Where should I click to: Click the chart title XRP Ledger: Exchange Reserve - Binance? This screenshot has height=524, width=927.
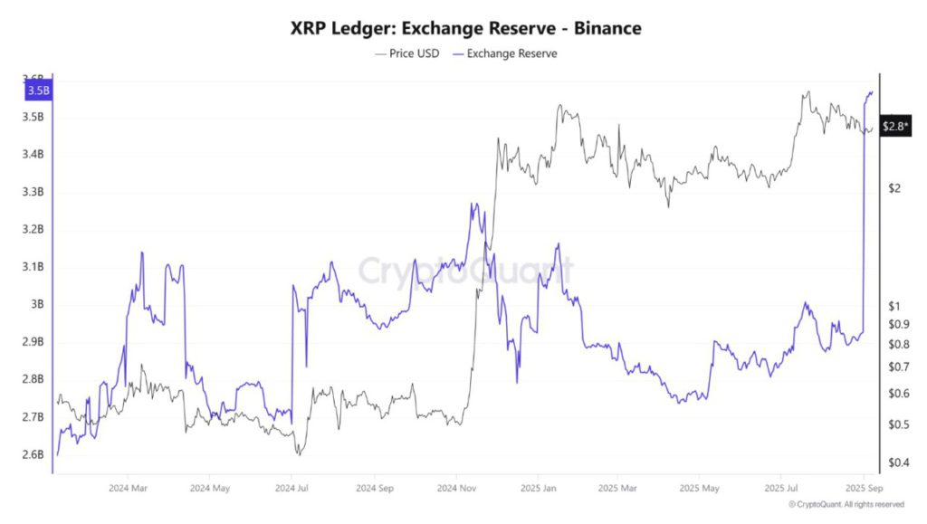[465, 28]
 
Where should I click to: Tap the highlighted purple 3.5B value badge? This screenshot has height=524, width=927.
[39, 91]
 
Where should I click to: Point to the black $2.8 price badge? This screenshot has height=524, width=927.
[895, 125]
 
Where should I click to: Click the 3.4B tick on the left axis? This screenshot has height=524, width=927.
[33, 155]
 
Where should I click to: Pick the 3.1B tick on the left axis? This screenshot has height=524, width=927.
[33, 267]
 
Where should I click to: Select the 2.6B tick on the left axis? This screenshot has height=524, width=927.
[33, 454]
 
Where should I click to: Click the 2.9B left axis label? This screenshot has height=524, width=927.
[33, 342]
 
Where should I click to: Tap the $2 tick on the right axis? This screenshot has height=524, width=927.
[894, 188]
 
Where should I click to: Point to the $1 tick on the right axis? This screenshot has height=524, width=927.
[894, 306]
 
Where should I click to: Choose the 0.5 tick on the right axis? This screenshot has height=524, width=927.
[897, 424]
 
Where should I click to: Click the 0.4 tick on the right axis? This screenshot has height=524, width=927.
[897, 462]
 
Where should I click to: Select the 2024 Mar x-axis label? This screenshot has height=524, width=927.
[127, 488]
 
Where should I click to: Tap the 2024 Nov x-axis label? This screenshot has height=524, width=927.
[456, 488]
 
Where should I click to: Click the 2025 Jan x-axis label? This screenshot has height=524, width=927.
[538, 488]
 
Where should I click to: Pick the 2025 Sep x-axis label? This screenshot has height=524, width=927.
[864, 488]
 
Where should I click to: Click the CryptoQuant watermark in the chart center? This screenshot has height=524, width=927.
[463, 270]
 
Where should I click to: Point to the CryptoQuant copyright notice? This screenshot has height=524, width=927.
[846, 504]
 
